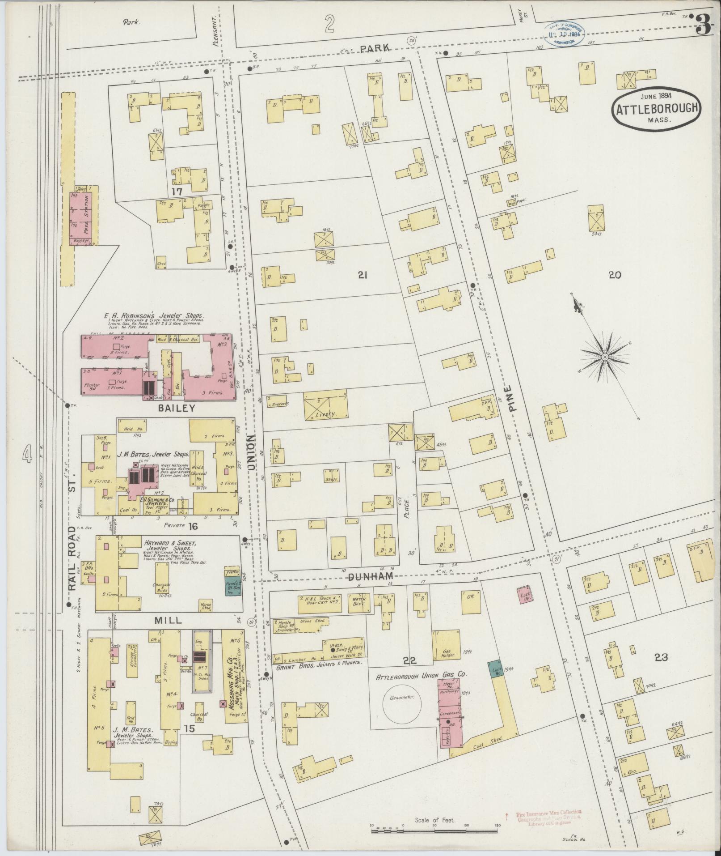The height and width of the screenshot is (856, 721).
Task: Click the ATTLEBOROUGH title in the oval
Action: [x=656, y=109]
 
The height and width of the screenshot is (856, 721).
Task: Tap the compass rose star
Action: [x=604, y=357]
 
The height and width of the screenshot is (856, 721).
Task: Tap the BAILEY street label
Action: [x=176, y=408]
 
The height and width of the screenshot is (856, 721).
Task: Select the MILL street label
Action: [x=169, y=620]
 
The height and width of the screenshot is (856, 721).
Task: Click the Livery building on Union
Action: [x=325, y=405]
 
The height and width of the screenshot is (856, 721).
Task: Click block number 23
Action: [x=661, y=657]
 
